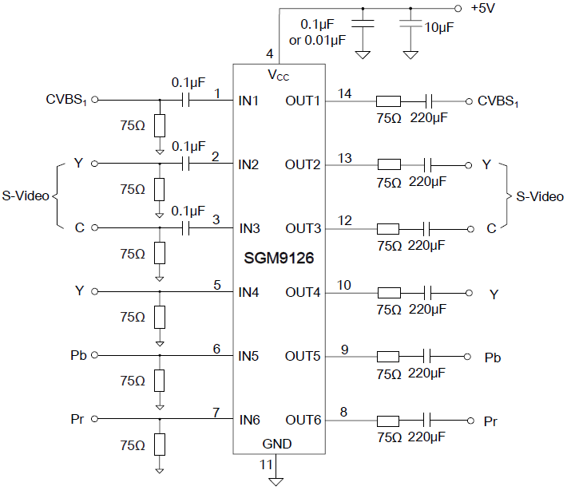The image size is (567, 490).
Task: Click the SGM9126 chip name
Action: (279, 260)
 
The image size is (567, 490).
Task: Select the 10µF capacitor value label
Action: (439, 27)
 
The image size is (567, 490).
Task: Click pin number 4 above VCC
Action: (270, 54)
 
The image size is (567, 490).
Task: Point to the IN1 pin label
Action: (248, 101)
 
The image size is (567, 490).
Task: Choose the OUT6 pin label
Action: (303, 420)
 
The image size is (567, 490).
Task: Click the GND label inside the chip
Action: (277, 444)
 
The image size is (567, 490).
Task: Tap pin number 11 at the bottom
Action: (266, 464)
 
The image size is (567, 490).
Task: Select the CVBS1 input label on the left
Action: (66, 101)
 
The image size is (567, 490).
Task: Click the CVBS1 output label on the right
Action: (498, 102)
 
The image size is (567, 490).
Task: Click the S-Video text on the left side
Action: (26, 196)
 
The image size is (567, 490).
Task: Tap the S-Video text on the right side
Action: (540, 196)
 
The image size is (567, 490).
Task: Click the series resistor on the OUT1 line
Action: (388, 101)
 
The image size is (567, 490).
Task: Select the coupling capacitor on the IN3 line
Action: (188, 228)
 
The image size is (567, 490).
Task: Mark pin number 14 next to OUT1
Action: (344, 93)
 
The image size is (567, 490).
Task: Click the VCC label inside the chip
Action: (278, 76)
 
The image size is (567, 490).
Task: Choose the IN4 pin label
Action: (248, 292)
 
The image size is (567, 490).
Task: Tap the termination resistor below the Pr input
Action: (160, 444)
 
